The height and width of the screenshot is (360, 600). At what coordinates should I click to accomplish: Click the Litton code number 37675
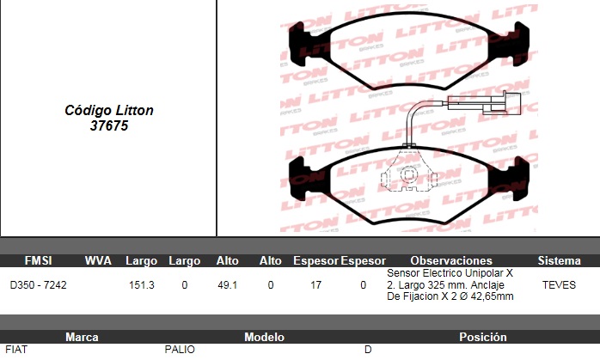coord(109,125)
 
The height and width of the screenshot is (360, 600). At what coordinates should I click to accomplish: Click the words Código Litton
coord(109,111)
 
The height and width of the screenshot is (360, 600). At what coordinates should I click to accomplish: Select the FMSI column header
coord(38,260)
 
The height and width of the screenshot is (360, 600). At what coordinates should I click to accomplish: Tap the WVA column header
coord(98,260)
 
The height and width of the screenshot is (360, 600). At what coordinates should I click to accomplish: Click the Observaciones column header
coord(451,260)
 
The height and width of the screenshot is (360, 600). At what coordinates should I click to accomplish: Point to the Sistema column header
coord(559,260)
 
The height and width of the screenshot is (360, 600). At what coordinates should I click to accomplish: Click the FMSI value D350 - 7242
coord(39,285)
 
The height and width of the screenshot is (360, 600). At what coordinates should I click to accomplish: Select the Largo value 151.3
coord(142,285)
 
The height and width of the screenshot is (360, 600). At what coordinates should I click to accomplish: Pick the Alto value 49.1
coord(227,285)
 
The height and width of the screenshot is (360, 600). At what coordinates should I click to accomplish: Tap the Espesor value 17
coord(315,285)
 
